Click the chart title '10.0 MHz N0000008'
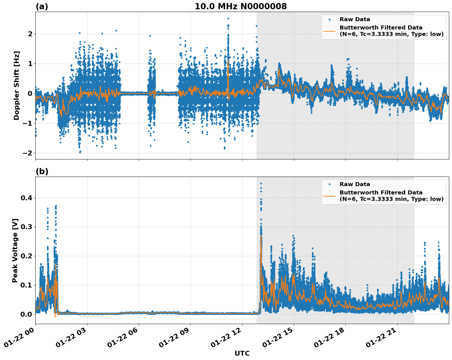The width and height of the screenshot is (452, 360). tap(240, 6)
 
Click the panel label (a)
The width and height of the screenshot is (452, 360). tap(42, 6)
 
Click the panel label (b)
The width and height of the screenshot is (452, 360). tap(42, 171)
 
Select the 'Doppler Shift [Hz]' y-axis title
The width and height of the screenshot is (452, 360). tap(17, 85)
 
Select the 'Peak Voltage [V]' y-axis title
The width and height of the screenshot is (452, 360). tap(15, 250)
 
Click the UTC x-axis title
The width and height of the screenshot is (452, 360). tap(242, 353)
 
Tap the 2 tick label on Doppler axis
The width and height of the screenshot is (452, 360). tap(30, 34)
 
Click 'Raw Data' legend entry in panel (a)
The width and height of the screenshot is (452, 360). tap(355, 19)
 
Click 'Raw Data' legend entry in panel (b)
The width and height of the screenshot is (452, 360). tap(355, 184)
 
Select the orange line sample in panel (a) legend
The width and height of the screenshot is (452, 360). tap(329, 31)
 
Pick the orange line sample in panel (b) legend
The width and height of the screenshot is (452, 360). tap(329, 196)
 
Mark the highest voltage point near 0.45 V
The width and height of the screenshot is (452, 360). tap(261, 184)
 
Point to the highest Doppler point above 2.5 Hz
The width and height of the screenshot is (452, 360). tap(228, 18)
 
